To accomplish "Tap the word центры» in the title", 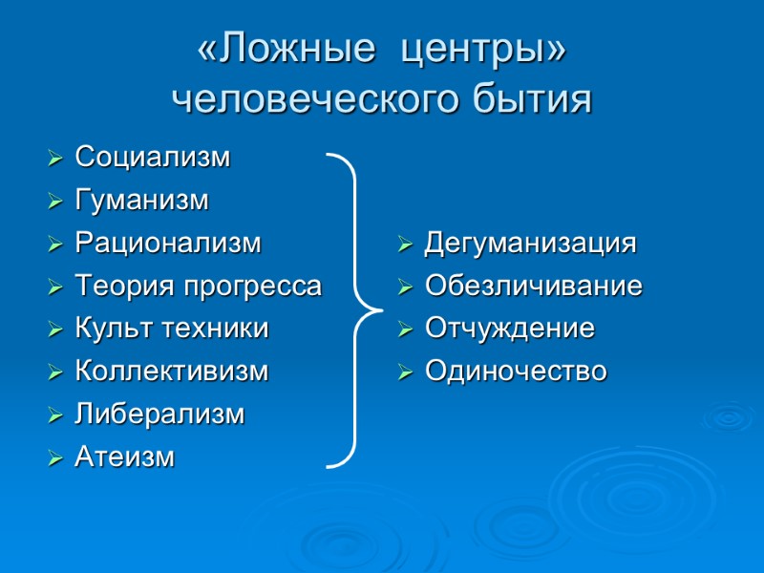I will click(483, 53).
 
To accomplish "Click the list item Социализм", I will click(153, 157).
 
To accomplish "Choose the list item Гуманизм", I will click(141, 201).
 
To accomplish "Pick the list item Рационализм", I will click(167, 244).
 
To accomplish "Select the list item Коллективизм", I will click(172, 371).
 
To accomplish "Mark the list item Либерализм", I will click(159, 414).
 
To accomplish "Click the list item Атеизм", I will click(125, 457).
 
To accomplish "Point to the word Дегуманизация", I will click(530, 244).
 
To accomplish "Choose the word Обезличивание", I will click(533, 286).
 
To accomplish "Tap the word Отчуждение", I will click(510, 329).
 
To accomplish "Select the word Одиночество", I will click(516, 371).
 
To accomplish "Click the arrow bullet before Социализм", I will click(55, 158).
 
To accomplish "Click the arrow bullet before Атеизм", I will click(55, 459).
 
